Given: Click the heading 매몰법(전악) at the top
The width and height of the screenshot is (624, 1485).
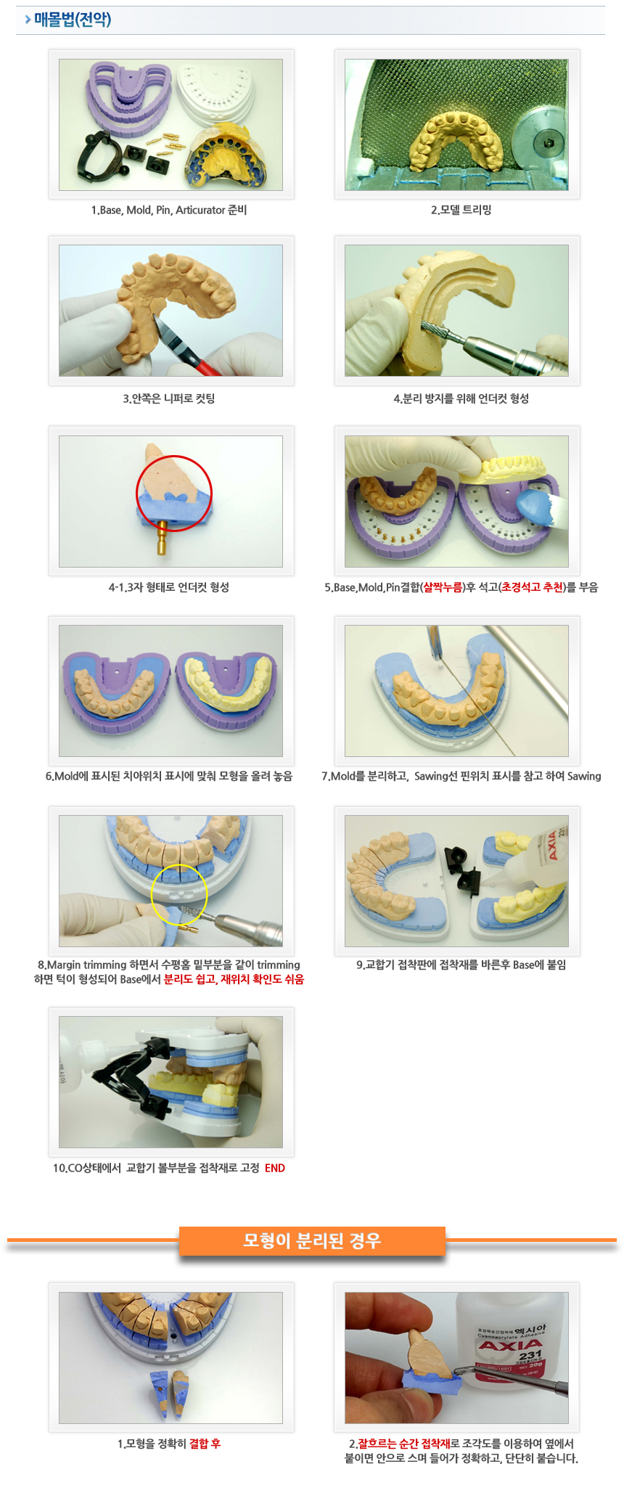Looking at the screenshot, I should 73,20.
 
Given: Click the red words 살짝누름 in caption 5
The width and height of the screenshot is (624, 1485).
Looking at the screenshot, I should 443,587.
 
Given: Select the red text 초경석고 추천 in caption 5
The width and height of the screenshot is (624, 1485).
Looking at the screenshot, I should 532,587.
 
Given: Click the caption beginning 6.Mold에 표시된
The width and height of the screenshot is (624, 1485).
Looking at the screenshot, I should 168,776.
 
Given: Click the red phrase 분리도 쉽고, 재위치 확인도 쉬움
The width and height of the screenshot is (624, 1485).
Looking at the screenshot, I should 234,979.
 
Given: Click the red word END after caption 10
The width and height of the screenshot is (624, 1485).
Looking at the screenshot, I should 275,1168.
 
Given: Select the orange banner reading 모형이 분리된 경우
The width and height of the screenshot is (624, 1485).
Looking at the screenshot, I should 312,1240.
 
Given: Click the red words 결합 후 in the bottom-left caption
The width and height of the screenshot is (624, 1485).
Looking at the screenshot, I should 205,1444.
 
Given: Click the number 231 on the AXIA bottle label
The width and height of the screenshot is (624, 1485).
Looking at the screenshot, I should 530,1354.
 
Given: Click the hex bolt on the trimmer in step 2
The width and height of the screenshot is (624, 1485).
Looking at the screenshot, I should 548,143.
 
